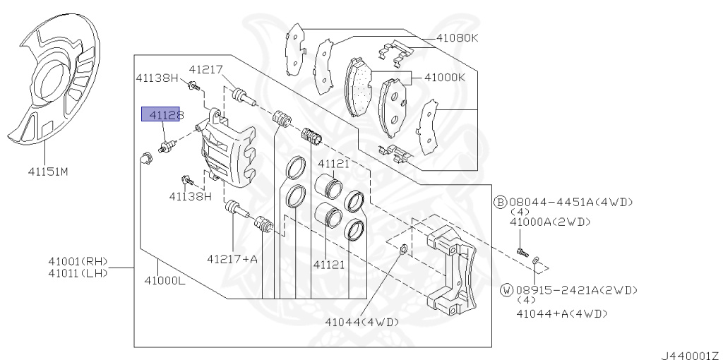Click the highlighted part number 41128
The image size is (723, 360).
[160, 114]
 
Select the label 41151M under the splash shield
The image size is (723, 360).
[48, 172]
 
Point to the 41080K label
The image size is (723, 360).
[457, 38]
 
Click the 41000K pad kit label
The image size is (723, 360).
[445, 78]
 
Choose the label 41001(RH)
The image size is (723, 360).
[78, 261]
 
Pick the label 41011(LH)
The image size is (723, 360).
[78, 273]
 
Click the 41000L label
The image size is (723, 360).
[165, 280]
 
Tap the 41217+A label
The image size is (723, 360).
[232, 259]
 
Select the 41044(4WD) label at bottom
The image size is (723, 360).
[361, 322]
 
